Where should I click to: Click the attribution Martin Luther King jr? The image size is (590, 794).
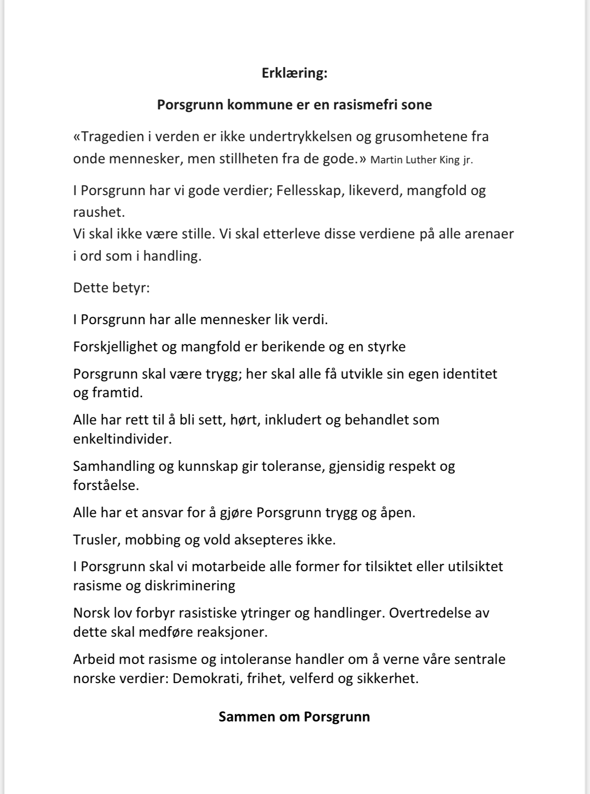[422, 160]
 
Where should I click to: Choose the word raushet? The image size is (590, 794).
[99, 213]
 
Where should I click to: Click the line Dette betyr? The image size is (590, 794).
[111, 288]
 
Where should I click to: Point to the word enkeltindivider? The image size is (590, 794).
[123, 439]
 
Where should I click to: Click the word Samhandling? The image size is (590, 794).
[114, 466]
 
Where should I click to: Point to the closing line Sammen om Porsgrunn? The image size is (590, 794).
[294, 717]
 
